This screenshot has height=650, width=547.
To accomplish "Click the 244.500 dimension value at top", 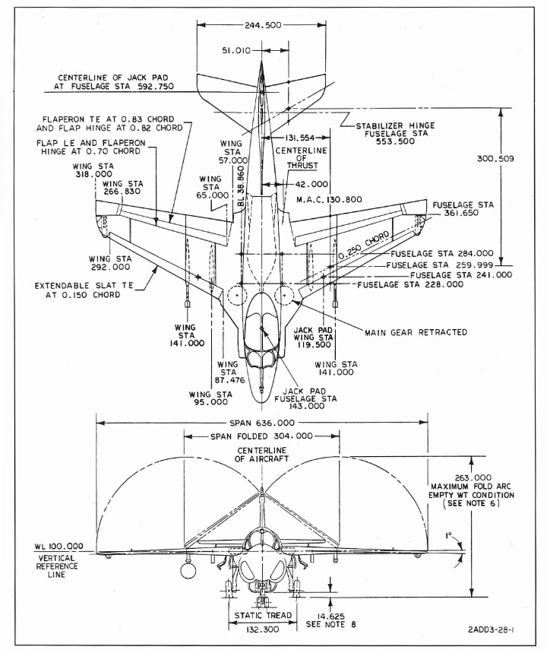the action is click(263, 25).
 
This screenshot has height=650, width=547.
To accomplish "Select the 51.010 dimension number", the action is click(236, 51).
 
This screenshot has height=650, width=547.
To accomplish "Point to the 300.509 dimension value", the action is click(495, 159).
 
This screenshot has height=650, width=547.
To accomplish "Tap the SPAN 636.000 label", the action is click(262, 423).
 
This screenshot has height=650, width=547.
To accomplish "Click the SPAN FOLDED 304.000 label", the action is click(261, 436).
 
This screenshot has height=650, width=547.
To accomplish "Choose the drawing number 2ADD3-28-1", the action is click(491, 629).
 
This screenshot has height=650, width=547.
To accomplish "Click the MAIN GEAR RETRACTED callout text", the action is click(416, 332).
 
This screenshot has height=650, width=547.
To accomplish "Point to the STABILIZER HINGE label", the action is click(395, 125).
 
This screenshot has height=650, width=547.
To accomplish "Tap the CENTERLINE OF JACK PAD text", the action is click(113, 78).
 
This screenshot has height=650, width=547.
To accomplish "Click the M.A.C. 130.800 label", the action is click(329, 199).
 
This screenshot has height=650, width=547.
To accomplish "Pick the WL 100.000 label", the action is click(58, 547).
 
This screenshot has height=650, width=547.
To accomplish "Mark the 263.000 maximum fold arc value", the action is click(473, 477).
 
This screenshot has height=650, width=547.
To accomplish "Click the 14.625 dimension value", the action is click(330, 617).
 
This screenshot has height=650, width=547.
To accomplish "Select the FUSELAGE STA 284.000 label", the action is click(442, 253).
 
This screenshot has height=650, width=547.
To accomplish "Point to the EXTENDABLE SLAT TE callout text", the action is click(84, 285).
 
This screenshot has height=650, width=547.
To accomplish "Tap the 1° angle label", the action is click(448, 536).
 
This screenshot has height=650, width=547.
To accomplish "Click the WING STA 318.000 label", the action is click(93, 170).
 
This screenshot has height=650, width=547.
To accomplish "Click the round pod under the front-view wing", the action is click(188, 570).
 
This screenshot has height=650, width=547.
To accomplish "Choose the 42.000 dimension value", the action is click(311, 184).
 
